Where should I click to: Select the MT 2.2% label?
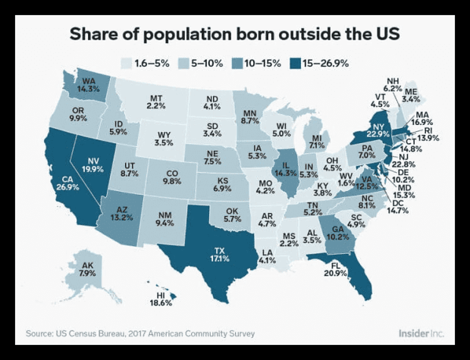157,102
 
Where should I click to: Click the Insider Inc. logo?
421,333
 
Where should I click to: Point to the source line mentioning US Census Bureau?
140,333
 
